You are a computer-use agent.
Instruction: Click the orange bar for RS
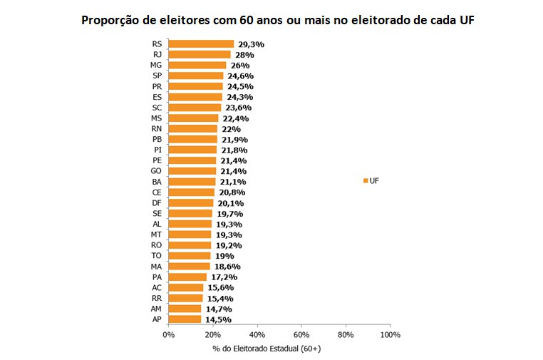[201, 44]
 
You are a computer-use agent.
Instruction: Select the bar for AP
[185, 319]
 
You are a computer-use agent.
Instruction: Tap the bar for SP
[196, 76]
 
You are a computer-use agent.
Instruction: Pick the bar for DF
[191, 202]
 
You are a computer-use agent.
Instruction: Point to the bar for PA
[187, 277]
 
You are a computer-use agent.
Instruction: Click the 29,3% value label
[251, 44]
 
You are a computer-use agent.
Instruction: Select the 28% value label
[245, 55]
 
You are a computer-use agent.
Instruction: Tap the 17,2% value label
[224, 277]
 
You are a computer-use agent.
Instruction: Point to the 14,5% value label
[218, 319]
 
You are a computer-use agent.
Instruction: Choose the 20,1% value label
[230, 202]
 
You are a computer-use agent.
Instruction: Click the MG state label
[157, 65]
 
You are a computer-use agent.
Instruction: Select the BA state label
[157, 181]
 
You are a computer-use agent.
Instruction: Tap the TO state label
[157, 255]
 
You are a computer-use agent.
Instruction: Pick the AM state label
[157, 309]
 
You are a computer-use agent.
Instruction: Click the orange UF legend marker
[365, 181]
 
